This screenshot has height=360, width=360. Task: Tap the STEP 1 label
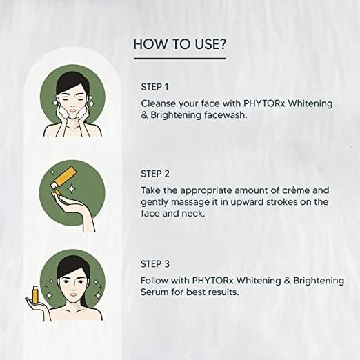pyautogui.click(x=155, y=87)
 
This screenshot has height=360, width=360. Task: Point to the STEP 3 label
pyautogui.click(x=156, y=264)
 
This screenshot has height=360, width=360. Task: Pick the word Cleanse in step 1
pyautogui.click(x=159, y=102)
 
